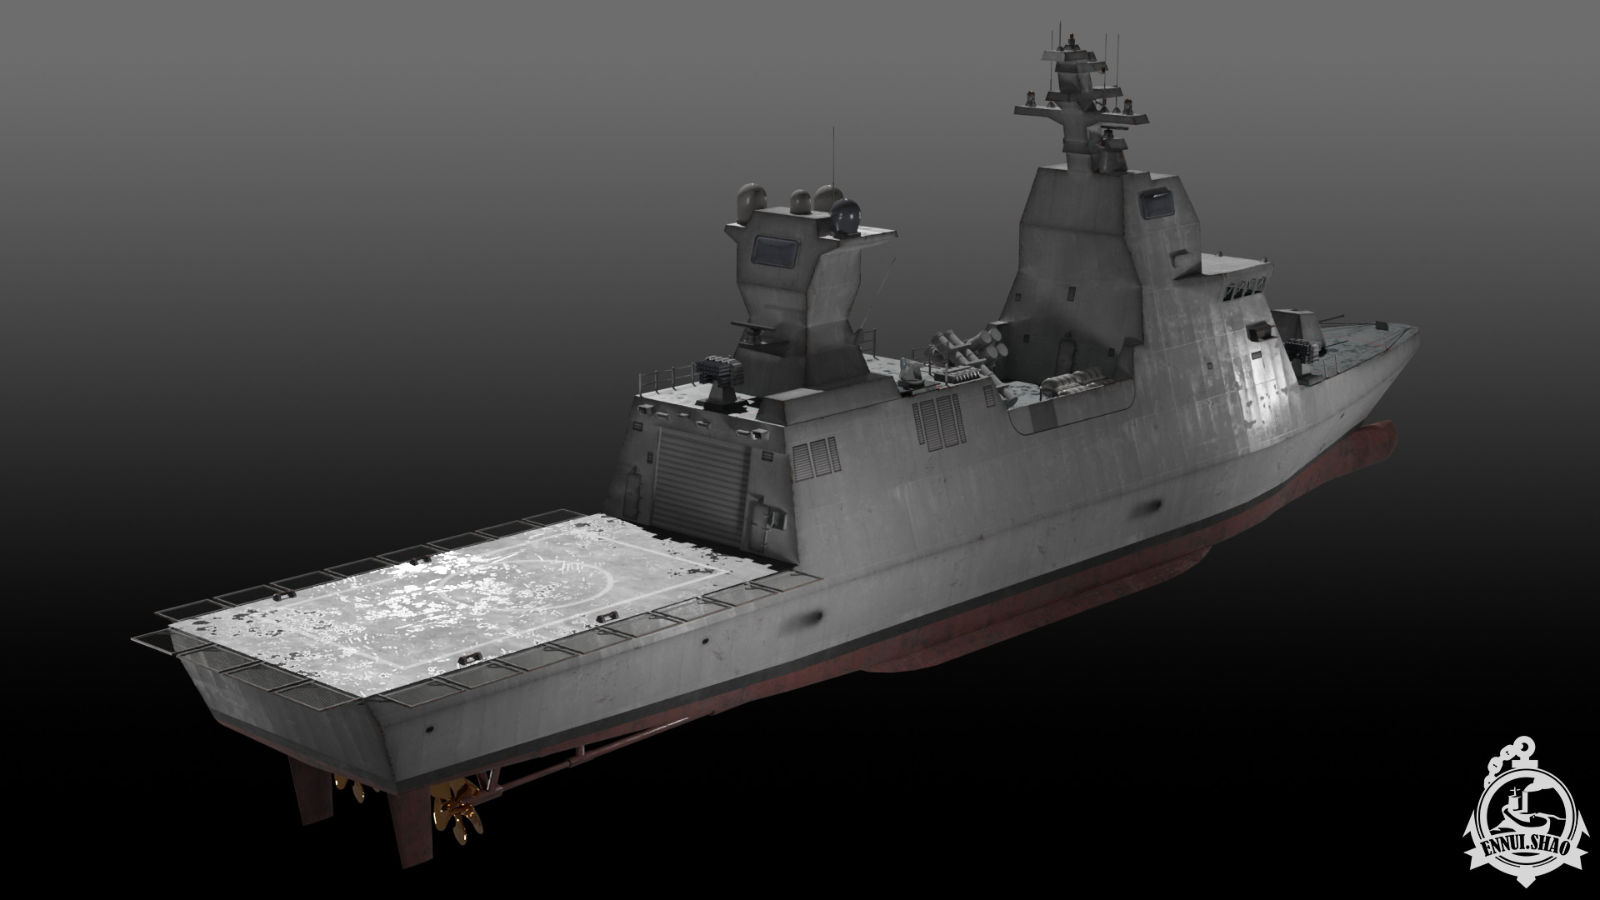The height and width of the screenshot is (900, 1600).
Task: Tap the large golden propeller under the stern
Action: pyautogui.click(x=454, y=804)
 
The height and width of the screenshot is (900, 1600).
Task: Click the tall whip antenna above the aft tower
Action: pyautogui.click(x=832, y=158)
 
